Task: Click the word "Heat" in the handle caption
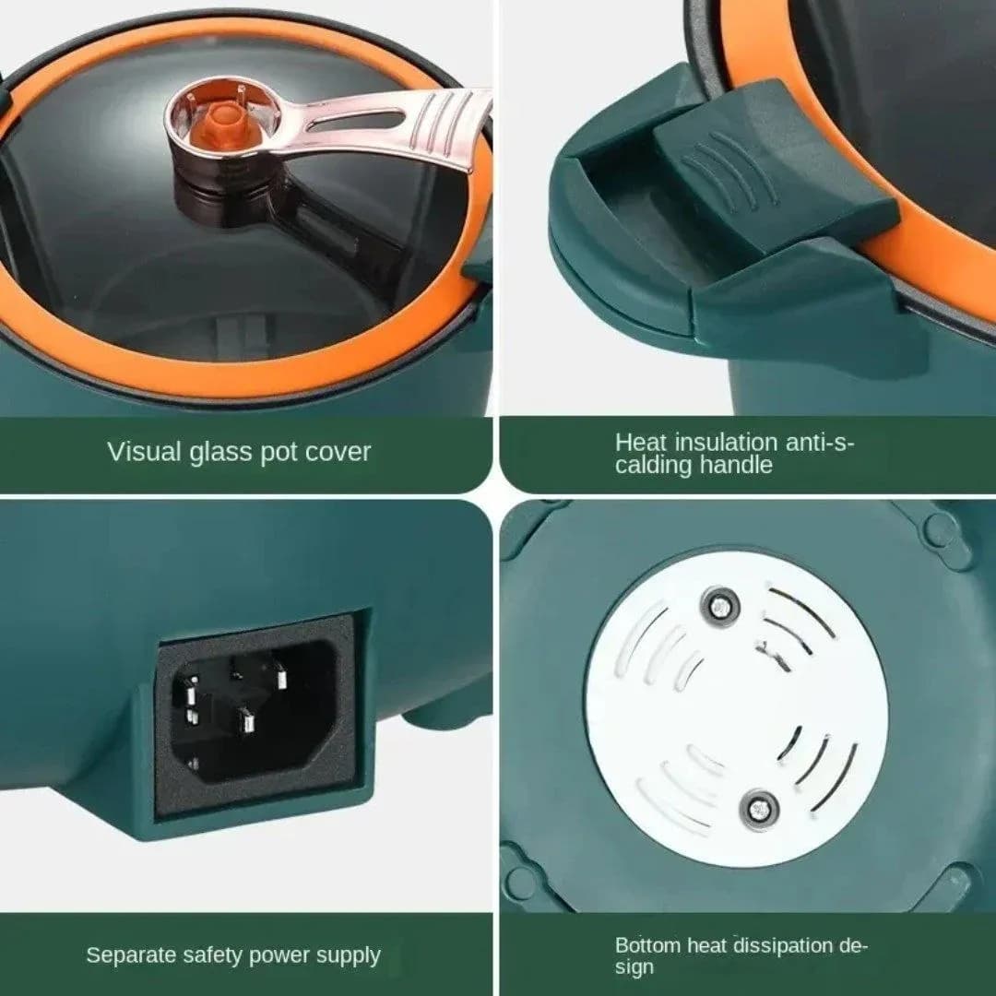click(x=641, y=442)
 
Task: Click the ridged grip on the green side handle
click(x=737, y=172)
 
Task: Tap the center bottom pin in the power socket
click(x=246, y=722)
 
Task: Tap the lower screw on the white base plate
click(x=759, y=810)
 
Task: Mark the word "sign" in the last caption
click(x=634, y=968)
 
